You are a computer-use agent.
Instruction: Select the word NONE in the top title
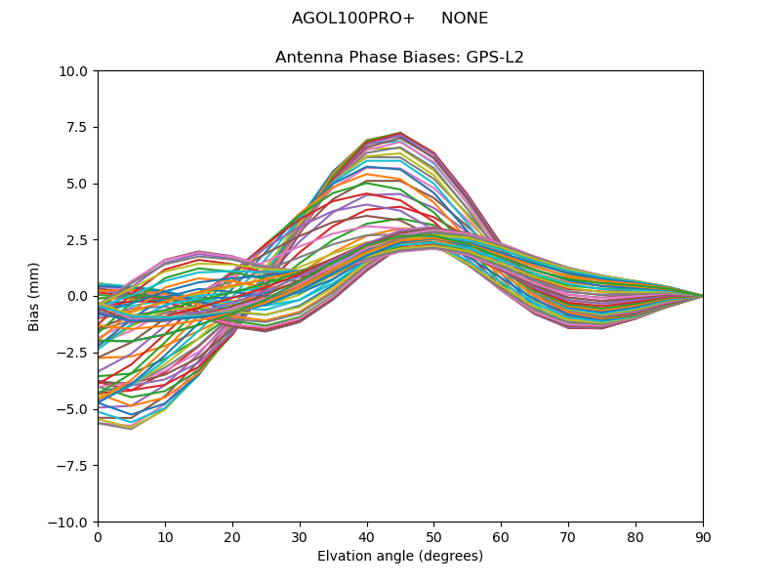[465, 19]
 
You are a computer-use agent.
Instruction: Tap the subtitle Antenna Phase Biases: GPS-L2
[399, 58]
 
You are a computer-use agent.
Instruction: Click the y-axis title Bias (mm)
[34, 296]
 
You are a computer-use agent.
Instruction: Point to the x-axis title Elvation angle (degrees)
[399, 557]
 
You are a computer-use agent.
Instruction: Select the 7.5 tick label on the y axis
[77, 127]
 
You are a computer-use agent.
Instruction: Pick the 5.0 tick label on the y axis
[77, 184]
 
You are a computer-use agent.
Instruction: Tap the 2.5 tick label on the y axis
[77, 240]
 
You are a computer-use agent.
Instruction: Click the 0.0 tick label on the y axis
[77, 296]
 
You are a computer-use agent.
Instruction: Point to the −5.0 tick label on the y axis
[72, 409]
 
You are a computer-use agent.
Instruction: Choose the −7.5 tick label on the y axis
[72, 466]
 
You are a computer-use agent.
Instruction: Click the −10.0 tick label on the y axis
[69, 523]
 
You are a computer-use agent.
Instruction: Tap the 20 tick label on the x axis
[232, 537]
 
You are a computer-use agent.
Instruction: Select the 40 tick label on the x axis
[366, 537]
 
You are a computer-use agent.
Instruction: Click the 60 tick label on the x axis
[501, 537]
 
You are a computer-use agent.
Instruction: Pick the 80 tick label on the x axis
[636, 537]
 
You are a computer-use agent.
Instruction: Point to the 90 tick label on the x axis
[703, 537]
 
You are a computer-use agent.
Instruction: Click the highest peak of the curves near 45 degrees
[400, 133]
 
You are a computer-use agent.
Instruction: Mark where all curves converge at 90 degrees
[703, 296]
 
